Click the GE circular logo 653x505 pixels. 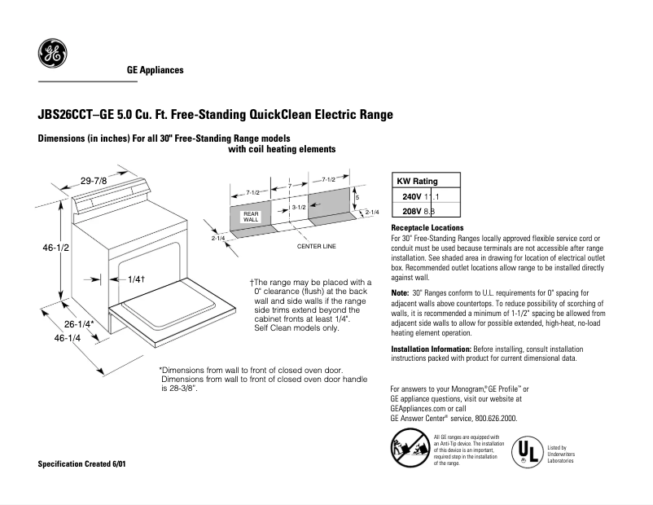pos(52,55)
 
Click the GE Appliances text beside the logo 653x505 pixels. pos(155,70)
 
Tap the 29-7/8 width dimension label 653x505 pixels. pos(94,180)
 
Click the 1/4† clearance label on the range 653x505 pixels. pos(136,279)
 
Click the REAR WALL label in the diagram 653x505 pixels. pos(251,217)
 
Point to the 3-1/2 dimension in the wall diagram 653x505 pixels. pos(298,209)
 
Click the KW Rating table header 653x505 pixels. pos(417,182)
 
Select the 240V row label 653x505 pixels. pos(412,196)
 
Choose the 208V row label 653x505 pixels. pos(412,211)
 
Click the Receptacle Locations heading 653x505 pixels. pos(427,227)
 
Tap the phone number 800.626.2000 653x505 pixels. pos(492,418)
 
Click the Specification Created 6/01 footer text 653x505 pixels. pos(82,463)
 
